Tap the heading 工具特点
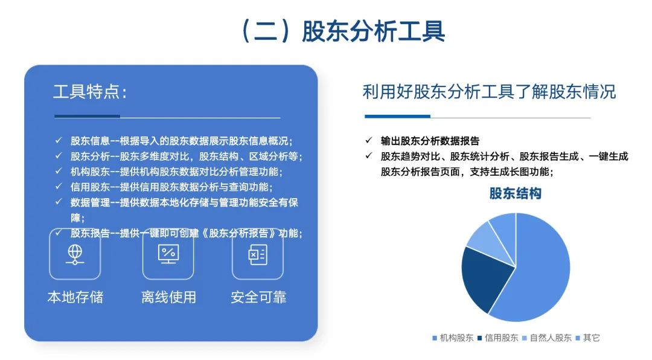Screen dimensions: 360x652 [x=90, y=92]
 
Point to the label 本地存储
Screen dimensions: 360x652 [x=75, y=297]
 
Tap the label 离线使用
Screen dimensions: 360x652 [x=168, y=297]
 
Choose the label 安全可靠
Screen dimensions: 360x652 [x=258, y=297]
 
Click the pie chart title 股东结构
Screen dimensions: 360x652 [x=515, y=193]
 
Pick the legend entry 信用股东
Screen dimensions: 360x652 [x=498, y=338]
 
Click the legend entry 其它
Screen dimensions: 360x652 [x=588, y=338]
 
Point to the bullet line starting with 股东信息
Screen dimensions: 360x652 [x=181, y=141]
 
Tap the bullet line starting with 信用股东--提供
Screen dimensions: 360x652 [x=171, y=187]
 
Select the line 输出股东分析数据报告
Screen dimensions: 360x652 [x=430, y=141]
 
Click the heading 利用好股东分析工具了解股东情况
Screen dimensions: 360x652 [x=489, y=92]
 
